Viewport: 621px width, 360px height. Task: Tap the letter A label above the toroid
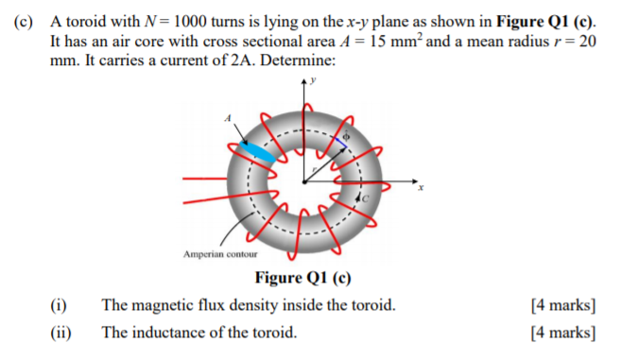click(228, 116)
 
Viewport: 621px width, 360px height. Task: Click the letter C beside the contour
click(367, 200)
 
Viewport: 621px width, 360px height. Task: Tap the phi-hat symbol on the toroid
click(346, 137)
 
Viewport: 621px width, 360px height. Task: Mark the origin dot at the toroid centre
click(304, 180)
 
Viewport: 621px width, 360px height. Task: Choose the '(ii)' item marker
click(60, 332)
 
